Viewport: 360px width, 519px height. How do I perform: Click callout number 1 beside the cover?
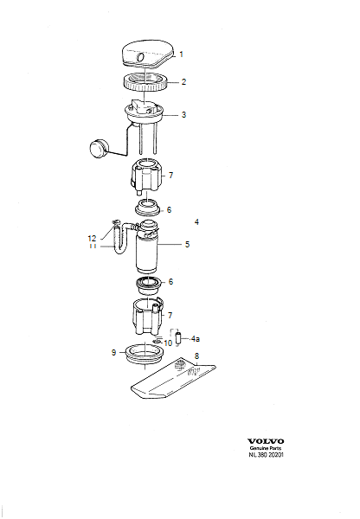pos(182,54)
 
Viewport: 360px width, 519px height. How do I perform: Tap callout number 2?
pos(183,83)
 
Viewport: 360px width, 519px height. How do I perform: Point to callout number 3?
pos(183,114)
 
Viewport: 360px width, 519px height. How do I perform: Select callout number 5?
pos(186,245)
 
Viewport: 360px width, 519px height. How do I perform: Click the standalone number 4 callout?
pos(196,222)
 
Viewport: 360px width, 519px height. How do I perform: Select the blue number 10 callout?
pos(168,343)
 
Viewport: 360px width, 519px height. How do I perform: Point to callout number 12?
pos(117,238)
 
